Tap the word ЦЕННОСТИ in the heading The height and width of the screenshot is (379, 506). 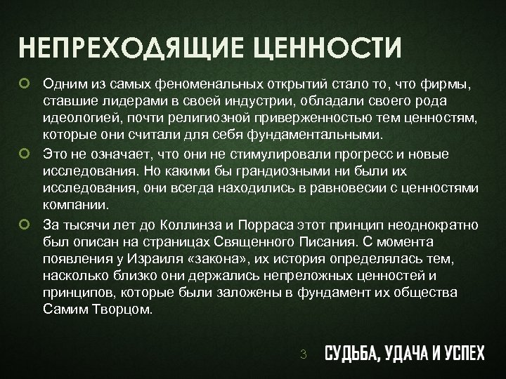pyautogui.click(x=325, y=50)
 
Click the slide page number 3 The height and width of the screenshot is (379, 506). pyautogui.click(x=303, y=354)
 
